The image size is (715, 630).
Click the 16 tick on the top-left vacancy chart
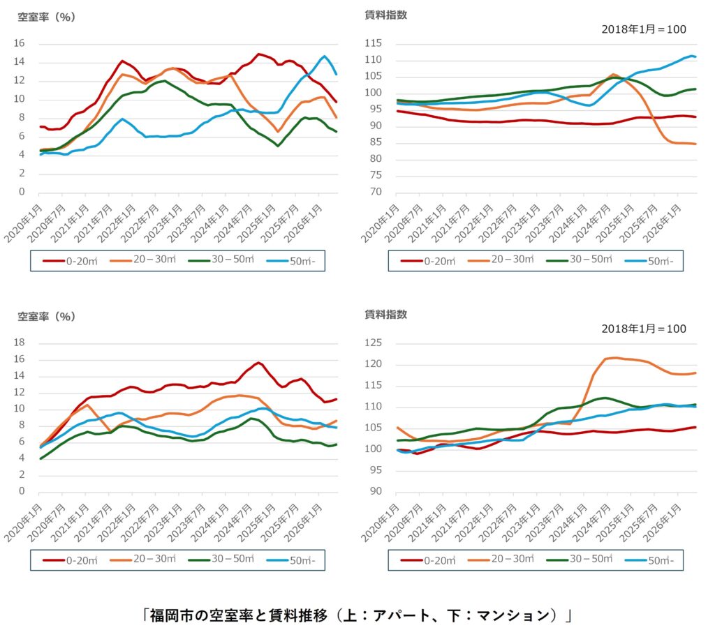19,43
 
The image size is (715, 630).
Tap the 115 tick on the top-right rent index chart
373,43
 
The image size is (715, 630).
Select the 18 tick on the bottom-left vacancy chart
19,343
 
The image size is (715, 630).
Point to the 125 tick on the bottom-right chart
373,343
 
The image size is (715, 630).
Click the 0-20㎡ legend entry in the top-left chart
71,261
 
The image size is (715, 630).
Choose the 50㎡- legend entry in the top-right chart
653,261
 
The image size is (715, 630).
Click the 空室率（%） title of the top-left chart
47,17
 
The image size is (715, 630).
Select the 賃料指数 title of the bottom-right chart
385,315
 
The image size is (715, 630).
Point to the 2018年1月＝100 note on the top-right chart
643,29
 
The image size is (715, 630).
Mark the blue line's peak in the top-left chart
324,57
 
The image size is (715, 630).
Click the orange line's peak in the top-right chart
613,74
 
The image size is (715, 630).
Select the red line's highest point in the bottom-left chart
258,363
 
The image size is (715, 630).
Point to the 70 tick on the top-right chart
376,192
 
